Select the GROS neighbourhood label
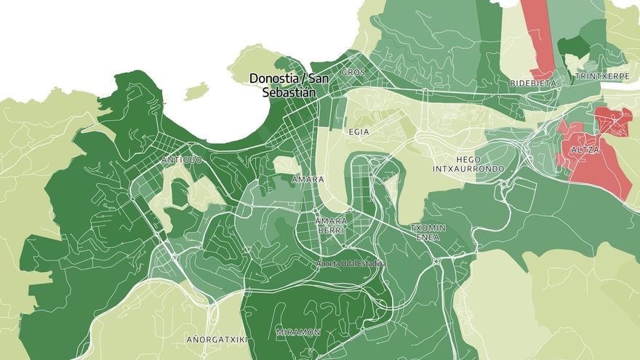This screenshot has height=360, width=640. (353, 72)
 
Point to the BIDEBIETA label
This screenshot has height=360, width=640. (532, 84)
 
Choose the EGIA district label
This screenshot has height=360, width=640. (359, 132)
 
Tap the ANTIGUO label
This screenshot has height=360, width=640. (180, 159)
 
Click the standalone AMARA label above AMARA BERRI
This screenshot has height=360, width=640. (307, 179)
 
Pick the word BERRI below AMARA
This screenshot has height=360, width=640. (331, 230)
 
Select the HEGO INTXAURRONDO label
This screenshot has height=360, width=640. (479, 164)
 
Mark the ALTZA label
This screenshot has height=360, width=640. (585, 150)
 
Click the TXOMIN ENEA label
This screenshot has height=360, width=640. (428, 232)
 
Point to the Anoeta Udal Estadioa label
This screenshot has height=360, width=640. (351, 263)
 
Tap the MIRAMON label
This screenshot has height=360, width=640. (298, 332)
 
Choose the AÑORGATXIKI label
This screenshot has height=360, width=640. (217, 340)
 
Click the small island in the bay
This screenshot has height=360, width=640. (196, 91)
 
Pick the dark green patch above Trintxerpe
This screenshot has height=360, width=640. (574, 48)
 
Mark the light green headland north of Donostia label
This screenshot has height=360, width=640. (255, 60)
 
